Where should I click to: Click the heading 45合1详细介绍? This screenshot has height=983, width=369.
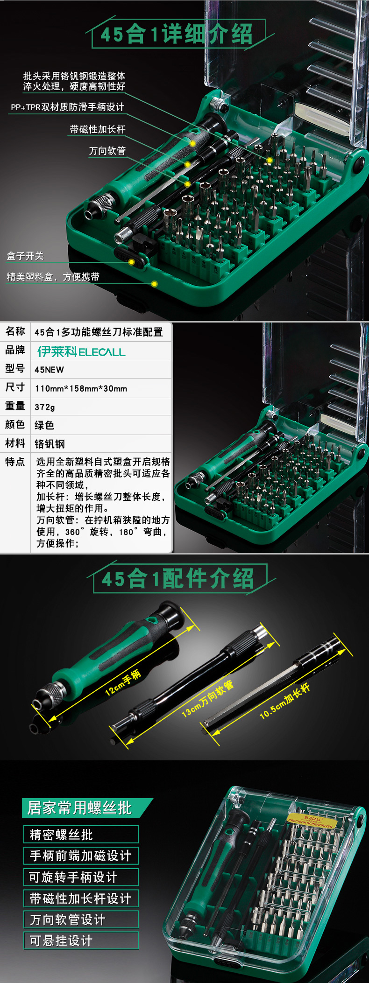pos(177,34)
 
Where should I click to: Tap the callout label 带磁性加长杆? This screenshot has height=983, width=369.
pos(98,129)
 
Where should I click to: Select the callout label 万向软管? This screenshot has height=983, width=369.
pos(107,151)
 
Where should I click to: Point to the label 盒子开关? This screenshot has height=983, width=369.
pos(25,256)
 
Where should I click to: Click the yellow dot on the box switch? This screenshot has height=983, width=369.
pos(131,262)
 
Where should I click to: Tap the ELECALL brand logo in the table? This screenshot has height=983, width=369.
pos(82,351)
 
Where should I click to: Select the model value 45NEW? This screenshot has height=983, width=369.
pos(49,370)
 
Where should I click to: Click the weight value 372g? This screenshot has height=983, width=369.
pos(45,407)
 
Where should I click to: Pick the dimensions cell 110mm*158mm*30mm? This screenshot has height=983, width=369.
pos(81,388)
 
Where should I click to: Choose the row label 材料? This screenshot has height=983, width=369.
pos(15,443)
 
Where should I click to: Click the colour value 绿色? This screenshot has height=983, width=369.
pos(44,425)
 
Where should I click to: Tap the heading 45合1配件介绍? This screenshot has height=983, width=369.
pos(178,579)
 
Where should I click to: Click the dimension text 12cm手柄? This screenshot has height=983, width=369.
pos(123,682)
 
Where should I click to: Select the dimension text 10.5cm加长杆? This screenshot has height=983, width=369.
pos(285,701)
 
